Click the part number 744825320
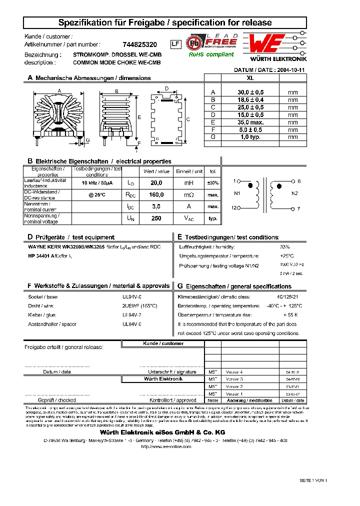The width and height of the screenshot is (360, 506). pyautogui.click(x=139, y=44)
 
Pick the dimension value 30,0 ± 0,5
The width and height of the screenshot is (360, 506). pyautogui.click(x=250, y=92)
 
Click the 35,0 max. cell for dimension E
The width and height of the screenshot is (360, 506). pyautogui.click(x=250, y=122)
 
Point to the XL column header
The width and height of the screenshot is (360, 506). pyautogui.click(x=250, y=78)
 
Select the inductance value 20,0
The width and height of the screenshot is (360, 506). pyautogui.click(x=156, y=183)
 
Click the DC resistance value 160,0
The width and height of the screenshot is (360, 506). pyautogui.click(x=156, y=195)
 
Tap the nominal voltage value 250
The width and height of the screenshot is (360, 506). pyautogui.click(x=156, y=218)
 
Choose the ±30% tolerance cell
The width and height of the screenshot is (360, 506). pyautogui.click(x=213, y=183)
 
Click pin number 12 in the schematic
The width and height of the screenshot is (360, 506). pyautogui.click(x=233, y=208)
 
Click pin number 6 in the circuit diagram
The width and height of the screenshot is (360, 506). pyautogui.click(x=299, y=181)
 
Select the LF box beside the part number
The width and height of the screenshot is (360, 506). pyautogui.click(x=175, y=44)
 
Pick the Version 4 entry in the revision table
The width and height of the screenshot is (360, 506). pyautogui.click(x=234, y=372)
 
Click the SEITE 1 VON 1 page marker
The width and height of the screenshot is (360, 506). pyautogui.click(x=313, y=480)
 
